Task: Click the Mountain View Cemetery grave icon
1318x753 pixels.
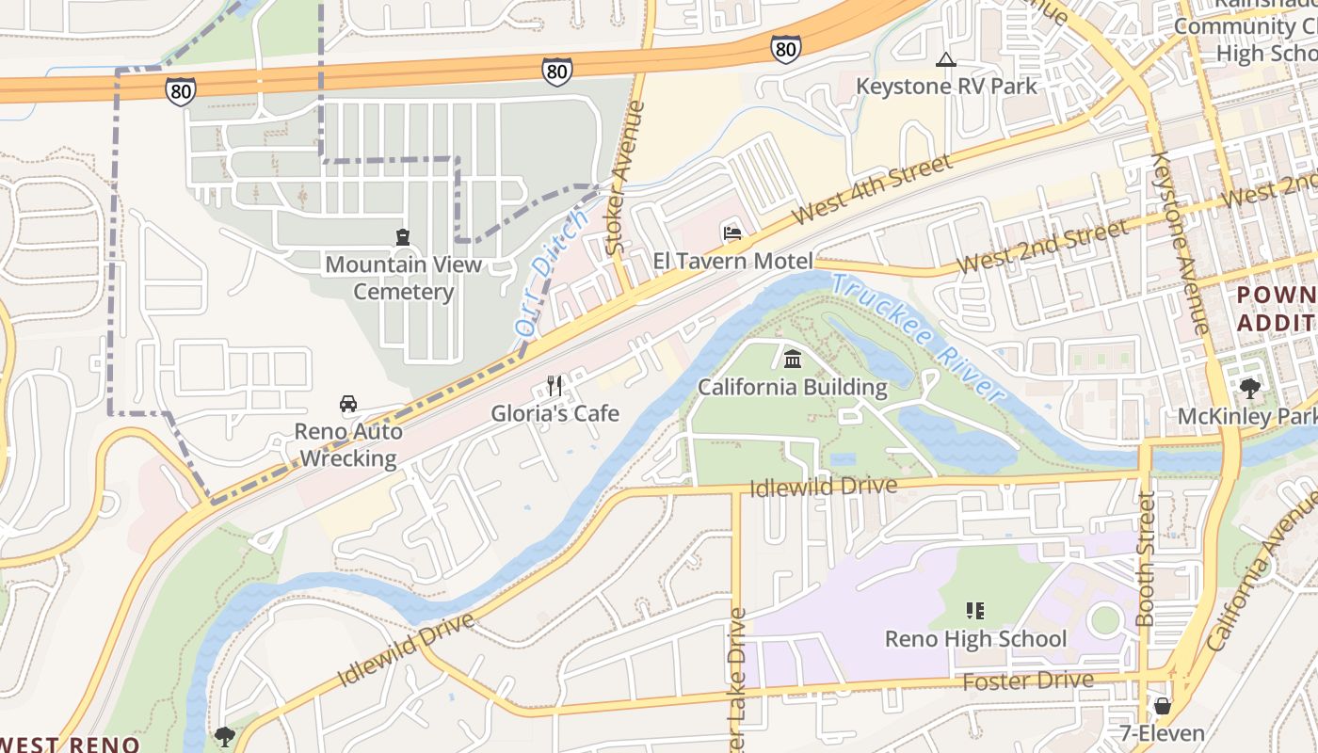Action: point(403,237)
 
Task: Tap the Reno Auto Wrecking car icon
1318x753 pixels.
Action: point(348,404)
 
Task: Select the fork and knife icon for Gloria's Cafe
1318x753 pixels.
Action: point(555,385)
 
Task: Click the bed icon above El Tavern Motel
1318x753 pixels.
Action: point(732,232)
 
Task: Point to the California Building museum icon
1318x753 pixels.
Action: point(793,359)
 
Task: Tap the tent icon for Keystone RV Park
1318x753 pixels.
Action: point(946,60)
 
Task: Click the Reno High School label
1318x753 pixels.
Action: point(975,639)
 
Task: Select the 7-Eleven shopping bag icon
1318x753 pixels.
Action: point(1163,706)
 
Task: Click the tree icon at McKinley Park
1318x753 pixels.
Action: point(1250,388)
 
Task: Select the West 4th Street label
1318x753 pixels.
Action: point(872,191)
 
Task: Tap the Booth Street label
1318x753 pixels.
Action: point(1146,559)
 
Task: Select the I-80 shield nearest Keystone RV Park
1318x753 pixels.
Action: point(786,49)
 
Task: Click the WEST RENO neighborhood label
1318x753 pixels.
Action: point(71,744)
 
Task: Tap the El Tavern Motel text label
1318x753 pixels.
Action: point(732,261)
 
